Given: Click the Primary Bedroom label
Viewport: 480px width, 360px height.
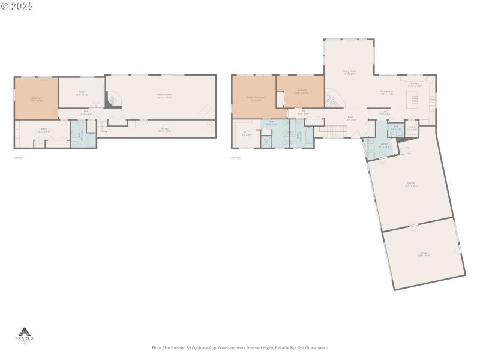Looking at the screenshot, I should [255, 98].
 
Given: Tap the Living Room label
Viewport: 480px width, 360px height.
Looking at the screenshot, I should [350, 73].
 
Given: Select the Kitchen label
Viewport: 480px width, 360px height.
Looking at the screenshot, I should [415, 85].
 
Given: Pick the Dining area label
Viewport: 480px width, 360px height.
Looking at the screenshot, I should [386, 92].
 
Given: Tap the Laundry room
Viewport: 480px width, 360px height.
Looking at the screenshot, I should [384, 145].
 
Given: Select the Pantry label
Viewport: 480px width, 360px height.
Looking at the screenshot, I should [412, 128].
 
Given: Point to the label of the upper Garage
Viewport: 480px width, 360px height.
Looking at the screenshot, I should [411, 184].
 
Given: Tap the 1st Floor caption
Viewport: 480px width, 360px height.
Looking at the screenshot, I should [19, 158].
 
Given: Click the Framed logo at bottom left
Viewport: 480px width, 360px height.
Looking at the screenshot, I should [25, 335].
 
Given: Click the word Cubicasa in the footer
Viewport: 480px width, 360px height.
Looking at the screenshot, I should [200, 347].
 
